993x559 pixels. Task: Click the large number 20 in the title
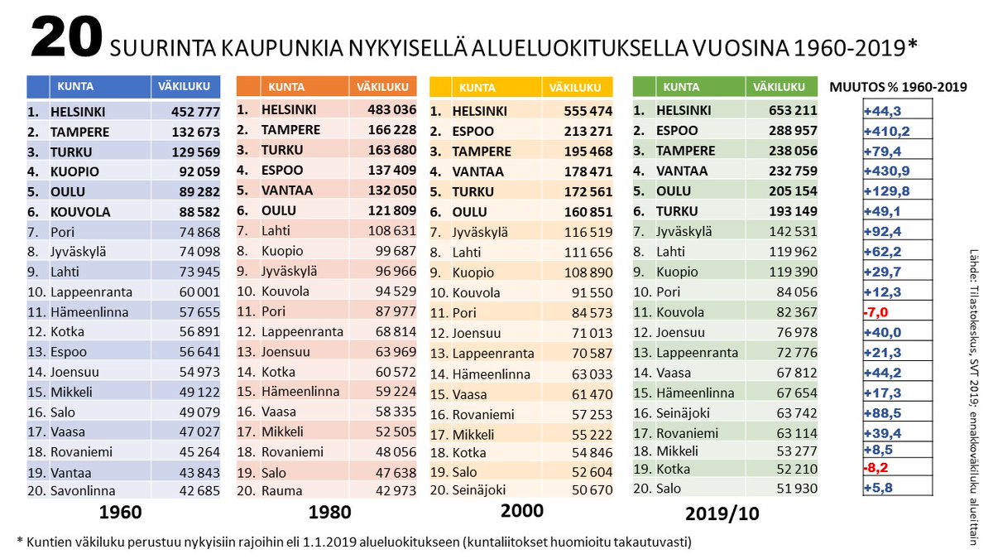click(x=66, y=36)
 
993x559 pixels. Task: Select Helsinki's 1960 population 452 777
click(x=195, y=112)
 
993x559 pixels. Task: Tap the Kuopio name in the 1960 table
click(x=74, y=171)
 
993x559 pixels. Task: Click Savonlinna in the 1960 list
click(x=83, y=490)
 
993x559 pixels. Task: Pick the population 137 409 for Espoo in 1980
click(x=392, y=170)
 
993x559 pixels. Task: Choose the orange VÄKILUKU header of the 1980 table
click(x=382, y=86)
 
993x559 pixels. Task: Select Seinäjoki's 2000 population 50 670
click(x=592, y=489)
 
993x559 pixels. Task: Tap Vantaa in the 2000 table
click(x=478, y=171)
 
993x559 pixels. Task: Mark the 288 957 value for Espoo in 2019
click(x=793, y=131)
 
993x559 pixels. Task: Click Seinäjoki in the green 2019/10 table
click(x=683, y=413)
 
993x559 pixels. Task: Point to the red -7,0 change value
click(x=875, y=312)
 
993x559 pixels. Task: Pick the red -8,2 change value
click(x=875, y=468)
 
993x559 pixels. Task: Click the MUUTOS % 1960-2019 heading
click(x=898, y=87)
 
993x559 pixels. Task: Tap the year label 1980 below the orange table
click(x=329, y=513)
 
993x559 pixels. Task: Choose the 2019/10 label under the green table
click(x=722, y=513)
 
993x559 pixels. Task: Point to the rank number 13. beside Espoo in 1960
click(x=37, y=352)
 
